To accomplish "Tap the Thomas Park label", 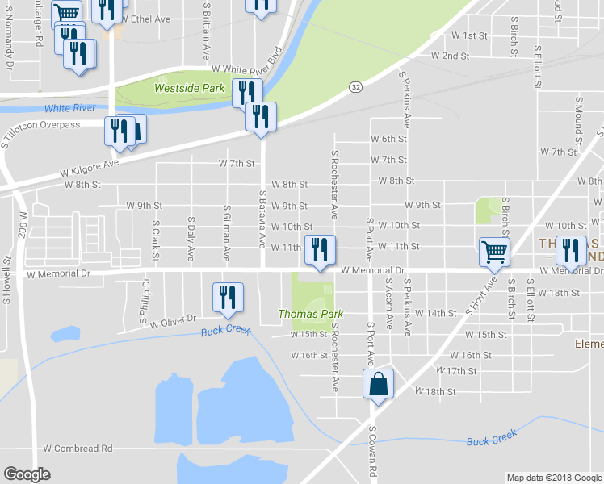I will click(x=311, y=314).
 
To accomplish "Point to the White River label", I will click(x=70, y=108).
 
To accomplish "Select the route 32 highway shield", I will click(x=355, y=86).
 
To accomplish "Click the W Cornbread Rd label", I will click(x=78, y=448).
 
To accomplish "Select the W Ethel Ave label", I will click(x=146, y=18).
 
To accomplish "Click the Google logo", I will click(x=27, y=474).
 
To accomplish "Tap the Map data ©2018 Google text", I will click(x=553, y=478).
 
